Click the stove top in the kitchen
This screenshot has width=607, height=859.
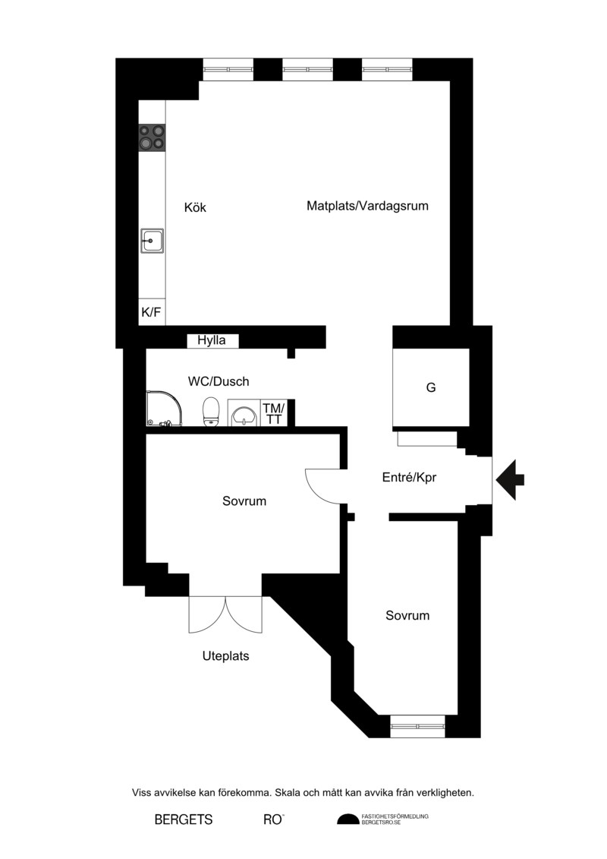(152, 137)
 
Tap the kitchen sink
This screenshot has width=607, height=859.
(152, 241)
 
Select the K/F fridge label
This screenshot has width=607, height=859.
(152, 312)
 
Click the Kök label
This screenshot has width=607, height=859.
(196, 207)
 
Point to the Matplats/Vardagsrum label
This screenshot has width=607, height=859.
(367, 206)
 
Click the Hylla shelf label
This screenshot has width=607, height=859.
(211, 340)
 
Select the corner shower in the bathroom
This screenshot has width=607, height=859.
(164, 408)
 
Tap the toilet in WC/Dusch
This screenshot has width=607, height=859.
(211, 412)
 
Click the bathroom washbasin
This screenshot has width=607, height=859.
(244, 413)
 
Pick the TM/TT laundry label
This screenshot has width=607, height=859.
(274, 414)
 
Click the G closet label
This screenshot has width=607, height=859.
(431, 387)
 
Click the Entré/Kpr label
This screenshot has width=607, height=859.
(410, 477)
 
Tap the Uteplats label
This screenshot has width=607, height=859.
(225, 655)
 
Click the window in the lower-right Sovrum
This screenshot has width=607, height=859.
(417, 726)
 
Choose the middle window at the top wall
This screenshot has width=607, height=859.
(307, 70)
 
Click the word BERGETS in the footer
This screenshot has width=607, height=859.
(184, 820)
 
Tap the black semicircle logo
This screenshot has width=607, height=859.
(348, 820)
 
